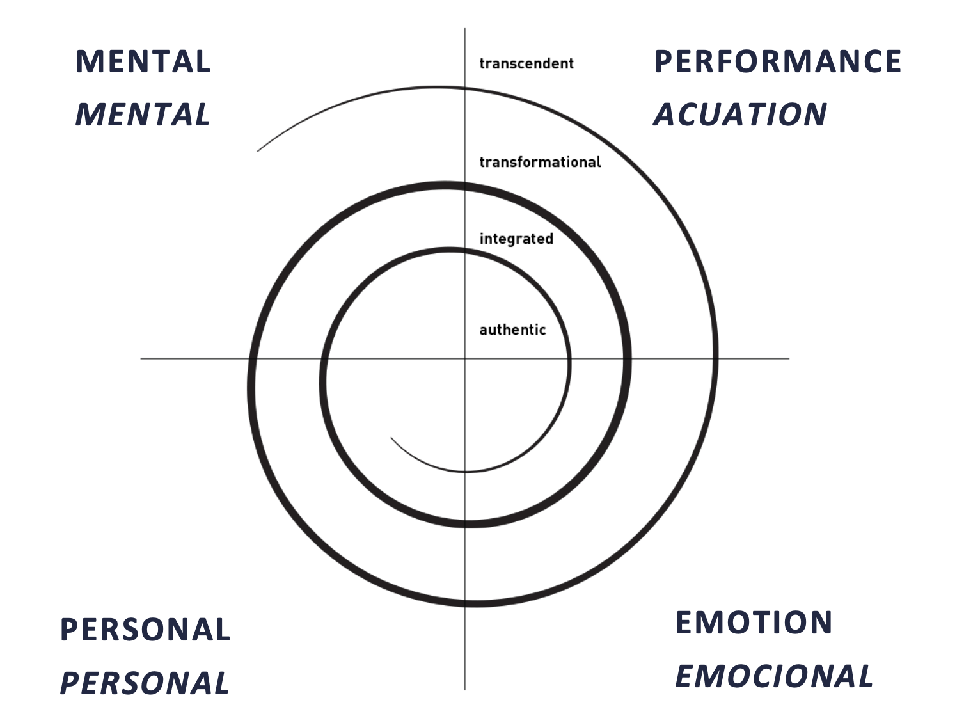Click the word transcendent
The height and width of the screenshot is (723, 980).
[526, 63]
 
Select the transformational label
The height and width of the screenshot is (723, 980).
[540, 162]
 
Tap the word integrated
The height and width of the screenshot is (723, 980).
[516, 239]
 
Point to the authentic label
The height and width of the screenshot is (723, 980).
[512, 330]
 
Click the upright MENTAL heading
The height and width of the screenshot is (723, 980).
[143, 61]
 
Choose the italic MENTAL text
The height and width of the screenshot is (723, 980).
[143, 115]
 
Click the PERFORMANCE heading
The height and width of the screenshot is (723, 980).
[777, 61]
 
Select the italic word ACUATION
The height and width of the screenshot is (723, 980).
[740, 115]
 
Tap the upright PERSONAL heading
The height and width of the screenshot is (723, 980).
[145, 630]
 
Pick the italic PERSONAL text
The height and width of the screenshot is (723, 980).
[145, 683]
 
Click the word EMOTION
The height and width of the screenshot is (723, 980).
[754, 623]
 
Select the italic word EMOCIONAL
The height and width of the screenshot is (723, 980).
[774, 676]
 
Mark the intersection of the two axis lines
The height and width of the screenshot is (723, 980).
[464, 358]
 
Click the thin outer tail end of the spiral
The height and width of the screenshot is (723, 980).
[258, 151]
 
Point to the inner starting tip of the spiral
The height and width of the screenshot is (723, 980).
[391, 438]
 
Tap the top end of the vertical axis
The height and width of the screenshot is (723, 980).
[464, 29]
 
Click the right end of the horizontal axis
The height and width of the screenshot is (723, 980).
[788, 358]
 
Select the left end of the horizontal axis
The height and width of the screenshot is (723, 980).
[141, 358]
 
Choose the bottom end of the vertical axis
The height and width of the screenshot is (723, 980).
[464, 688]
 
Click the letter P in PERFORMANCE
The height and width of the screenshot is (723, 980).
[663, 61]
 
